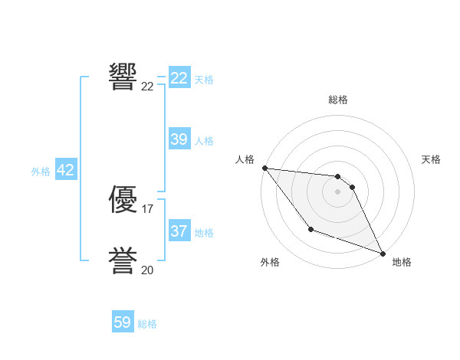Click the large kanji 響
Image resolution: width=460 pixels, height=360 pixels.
(123, 76)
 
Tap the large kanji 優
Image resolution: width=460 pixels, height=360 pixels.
(123, 199)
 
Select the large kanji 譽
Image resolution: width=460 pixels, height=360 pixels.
(123, 261)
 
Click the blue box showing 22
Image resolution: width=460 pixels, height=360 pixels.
(179, 78)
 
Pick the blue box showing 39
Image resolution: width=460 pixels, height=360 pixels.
(179, 139)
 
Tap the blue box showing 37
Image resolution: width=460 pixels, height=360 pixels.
(179, 231)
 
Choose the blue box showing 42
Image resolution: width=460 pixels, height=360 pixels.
(65, 170)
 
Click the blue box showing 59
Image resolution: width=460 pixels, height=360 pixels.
(123, 322)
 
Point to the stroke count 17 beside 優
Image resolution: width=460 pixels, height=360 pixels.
(148, 208)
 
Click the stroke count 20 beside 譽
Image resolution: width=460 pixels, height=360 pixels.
(148, 270)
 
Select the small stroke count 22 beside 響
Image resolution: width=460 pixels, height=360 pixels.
(148, 86)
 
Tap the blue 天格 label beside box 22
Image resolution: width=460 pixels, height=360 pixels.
(204, 79)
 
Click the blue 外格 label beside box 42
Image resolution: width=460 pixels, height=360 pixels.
(41, 172)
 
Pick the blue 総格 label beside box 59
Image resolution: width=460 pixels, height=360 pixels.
(147, 324)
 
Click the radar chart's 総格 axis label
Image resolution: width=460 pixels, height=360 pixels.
(338, 100)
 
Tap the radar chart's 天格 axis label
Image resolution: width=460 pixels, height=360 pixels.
(432, 159)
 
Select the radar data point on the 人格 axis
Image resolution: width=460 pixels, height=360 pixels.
(264, 168)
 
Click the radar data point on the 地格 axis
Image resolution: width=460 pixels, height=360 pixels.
(383, 254)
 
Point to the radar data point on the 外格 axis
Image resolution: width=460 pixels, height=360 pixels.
(310, 229)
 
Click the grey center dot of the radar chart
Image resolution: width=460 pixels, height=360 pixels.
(338, 191)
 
